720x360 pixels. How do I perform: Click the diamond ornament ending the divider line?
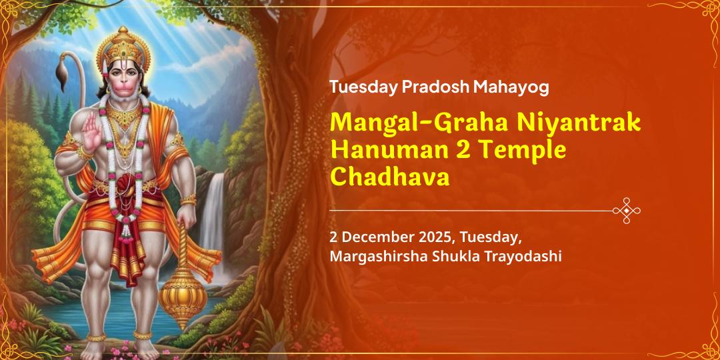pos(626,211)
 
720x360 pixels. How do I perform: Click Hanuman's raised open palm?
pos(91,130)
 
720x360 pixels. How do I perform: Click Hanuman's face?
pos(125,77)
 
